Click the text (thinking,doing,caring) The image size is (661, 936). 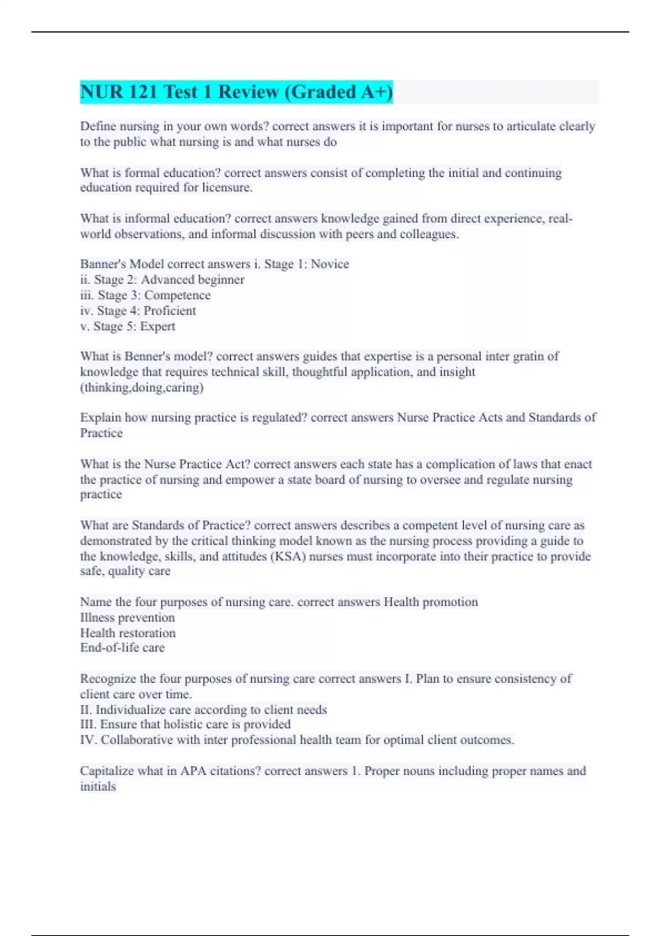coord(142,388)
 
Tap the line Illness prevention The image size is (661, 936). coord(127,618)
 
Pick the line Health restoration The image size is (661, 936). coord(128,633)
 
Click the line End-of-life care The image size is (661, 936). coord(122,648)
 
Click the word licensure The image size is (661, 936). coord(229,188)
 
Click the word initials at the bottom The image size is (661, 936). coord(98,787)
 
